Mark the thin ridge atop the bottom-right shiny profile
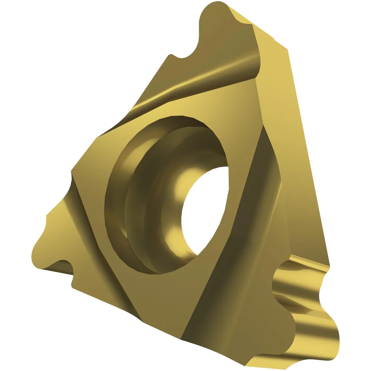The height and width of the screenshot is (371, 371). [x=308, y=262]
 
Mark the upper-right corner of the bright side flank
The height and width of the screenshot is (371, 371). [x=288, y=48]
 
